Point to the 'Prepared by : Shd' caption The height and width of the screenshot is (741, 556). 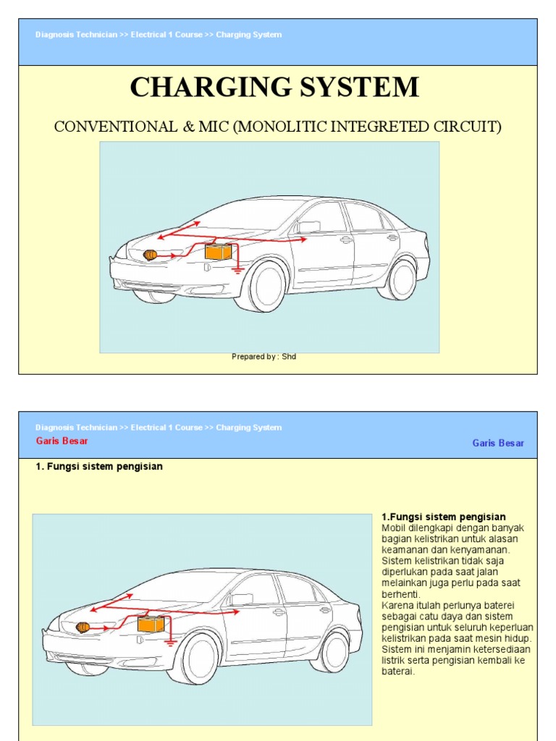[264, 356]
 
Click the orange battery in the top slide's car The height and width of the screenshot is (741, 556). [218, 252]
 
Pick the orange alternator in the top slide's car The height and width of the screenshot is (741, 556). [151, 255]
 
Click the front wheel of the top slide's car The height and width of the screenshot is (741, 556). [267, 286]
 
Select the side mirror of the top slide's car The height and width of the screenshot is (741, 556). [308, 226]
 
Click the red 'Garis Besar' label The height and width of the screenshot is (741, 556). [62, 441]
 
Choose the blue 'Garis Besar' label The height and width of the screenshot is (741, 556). [498, 443]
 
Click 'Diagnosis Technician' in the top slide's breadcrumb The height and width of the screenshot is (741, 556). [76, 35]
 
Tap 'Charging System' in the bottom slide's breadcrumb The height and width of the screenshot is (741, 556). [248, 428]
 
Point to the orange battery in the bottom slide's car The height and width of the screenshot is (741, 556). [151, 623]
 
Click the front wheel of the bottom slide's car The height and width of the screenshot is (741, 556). [200, 658]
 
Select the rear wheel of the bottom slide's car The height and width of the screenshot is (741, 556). [334, 651]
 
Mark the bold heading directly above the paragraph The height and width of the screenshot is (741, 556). [443, 517]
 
